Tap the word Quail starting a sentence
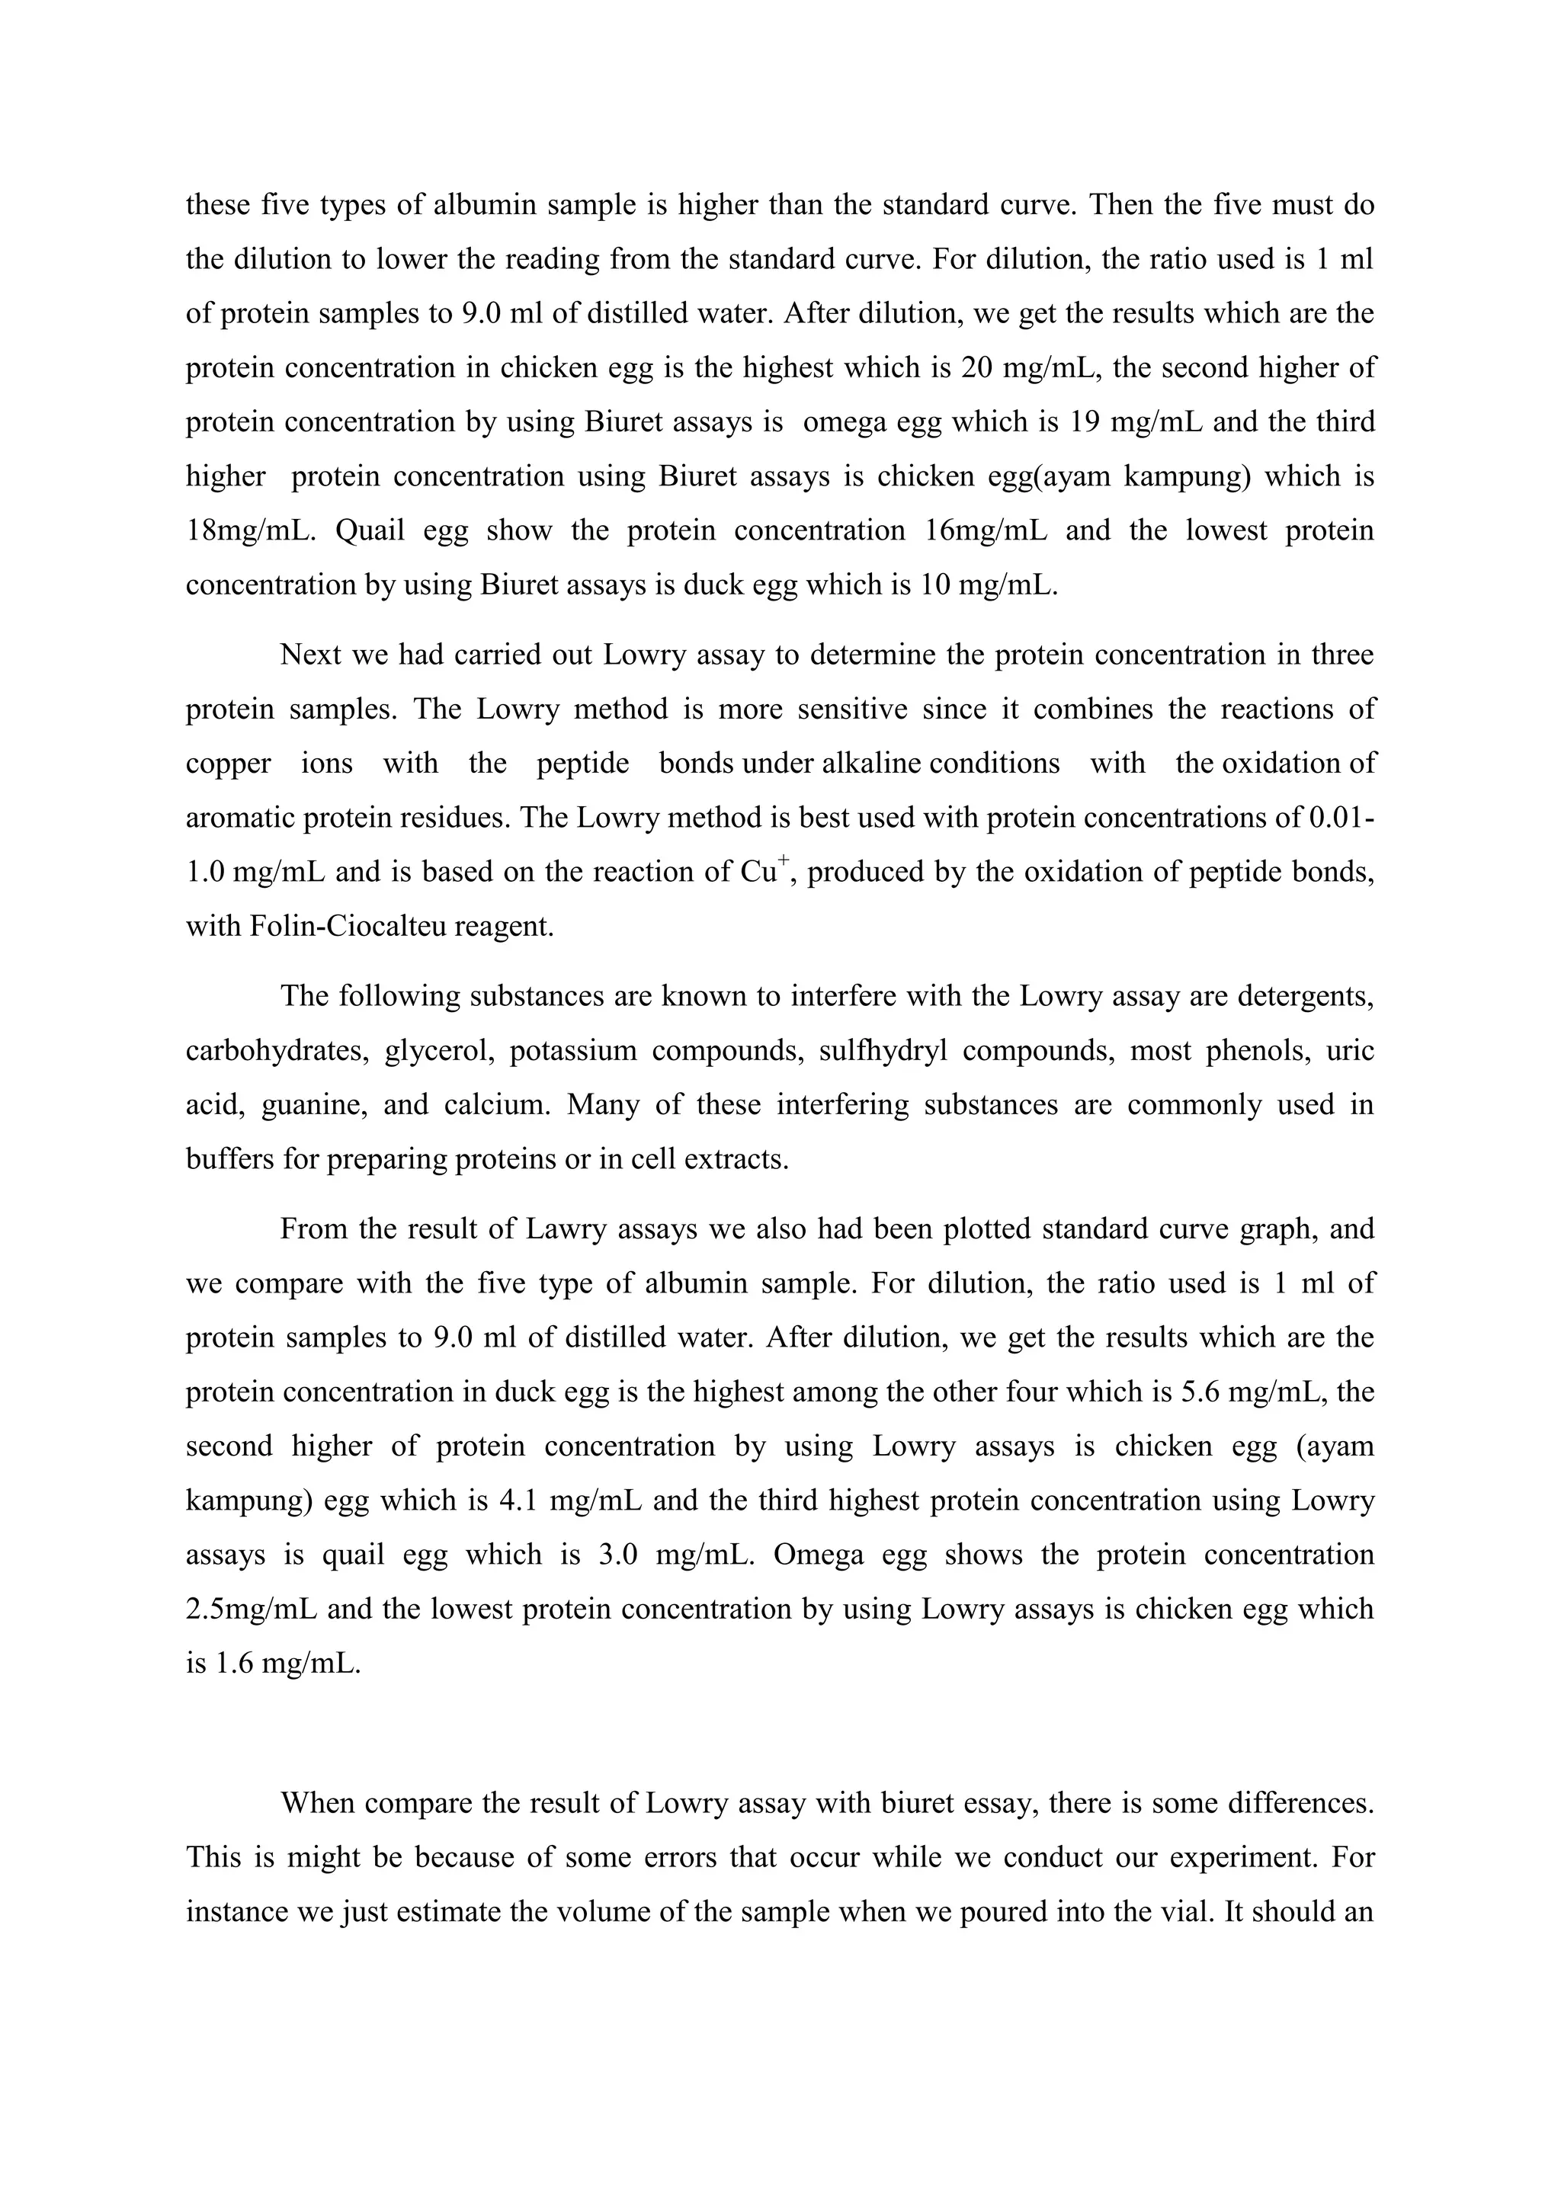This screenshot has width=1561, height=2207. pos(372,530)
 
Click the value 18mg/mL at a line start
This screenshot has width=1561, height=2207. pos(250,530)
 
